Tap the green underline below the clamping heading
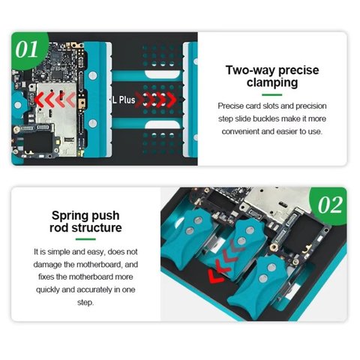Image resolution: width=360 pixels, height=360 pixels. point(271,95)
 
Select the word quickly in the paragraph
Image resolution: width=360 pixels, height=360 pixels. point(52,289)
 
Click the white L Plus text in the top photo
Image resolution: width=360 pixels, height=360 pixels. point(124,99)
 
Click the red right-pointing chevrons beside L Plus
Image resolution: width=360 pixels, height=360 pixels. point(157,99)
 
